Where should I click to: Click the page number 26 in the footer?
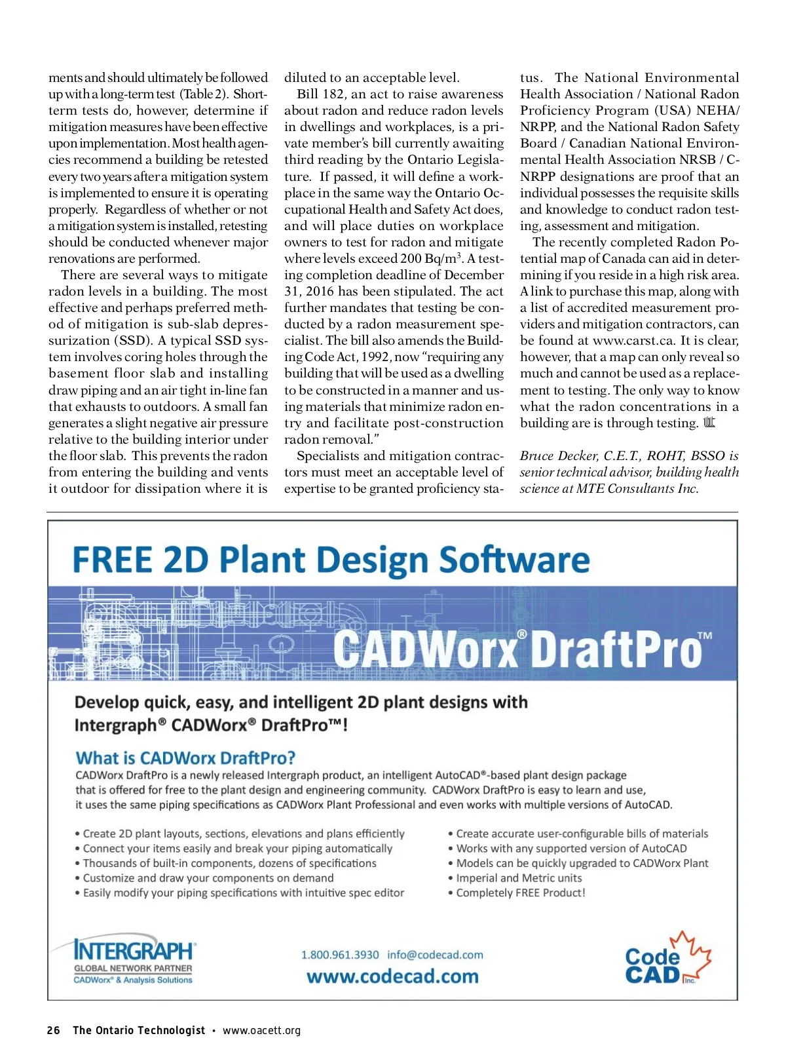pos(54,1030)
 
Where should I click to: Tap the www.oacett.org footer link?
pos(261,1030)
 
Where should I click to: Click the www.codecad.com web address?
pos(392,976)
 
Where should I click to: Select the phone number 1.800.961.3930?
pos(340,955)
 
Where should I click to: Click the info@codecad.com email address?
pos(435,955)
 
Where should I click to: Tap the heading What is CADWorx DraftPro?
pos(185,758)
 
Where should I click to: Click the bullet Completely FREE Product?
pos(520,893)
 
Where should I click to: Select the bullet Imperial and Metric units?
pos(518,878)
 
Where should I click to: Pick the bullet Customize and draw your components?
pos(208,878)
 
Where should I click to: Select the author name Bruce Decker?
pos(558,456)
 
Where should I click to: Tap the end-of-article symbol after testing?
pos(709,423)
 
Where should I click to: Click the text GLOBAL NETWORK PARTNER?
pos(133,968)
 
